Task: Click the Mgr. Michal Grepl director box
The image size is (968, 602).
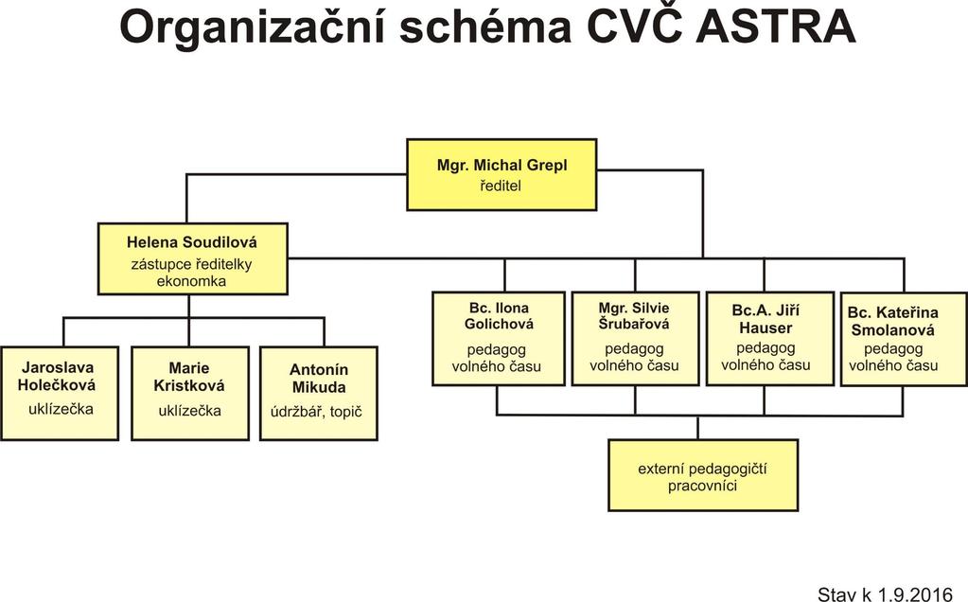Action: pos(502,175)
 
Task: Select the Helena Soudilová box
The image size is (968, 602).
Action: pos(193,258)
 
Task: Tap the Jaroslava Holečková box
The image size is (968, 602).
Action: pos(60,394)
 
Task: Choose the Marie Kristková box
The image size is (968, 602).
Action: pos(190,394)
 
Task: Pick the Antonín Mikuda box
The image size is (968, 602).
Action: pos(319,394)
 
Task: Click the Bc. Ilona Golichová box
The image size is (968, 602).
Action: pos(499,339)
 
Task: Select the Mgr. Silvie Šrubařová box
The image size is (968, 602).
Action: pos(635,339)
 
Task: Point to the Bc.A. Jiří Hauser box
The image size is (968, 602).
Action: pos(765,339)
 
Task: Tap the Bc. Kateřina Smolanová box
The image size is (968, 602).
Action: pos(904,339)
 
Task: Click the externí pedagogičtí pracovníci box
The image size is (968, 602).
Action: pos(703,475)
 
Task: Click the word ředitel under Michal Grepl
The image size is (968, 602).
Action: pos(500,186)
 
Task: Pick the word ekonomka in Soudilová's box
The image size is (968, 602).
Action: pos(191,281)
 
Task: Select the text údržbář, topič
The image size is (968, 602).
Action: pos(316,411)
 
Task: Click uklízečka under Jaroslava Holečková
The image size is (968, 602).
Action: pos(61,409)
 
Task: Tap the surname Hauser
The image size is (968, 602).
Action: pos(766,328)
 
